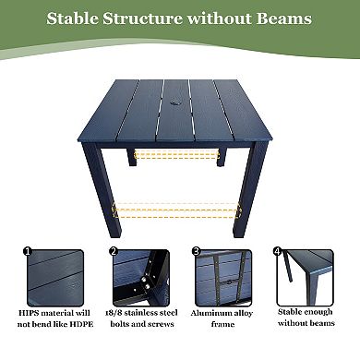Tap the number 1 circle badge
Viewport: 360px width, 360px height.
pyautogui.click(x=27, y=250)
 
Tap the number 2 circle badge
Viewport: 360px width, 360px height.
pyautogui.click(x=114, y=250)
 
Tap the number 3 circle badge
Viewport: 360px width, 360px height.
pyautogui.click(x=197, y=250)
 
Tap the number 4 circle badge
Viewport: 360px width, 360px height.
pyautogui.click(x=277, y=250)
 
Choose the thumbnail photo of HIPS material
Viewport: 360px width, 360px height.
pyautogui.click(x=54, y=277)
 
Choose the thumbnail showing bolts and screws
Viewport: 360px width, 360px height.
pyautogui.click(x=138, y=277)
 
